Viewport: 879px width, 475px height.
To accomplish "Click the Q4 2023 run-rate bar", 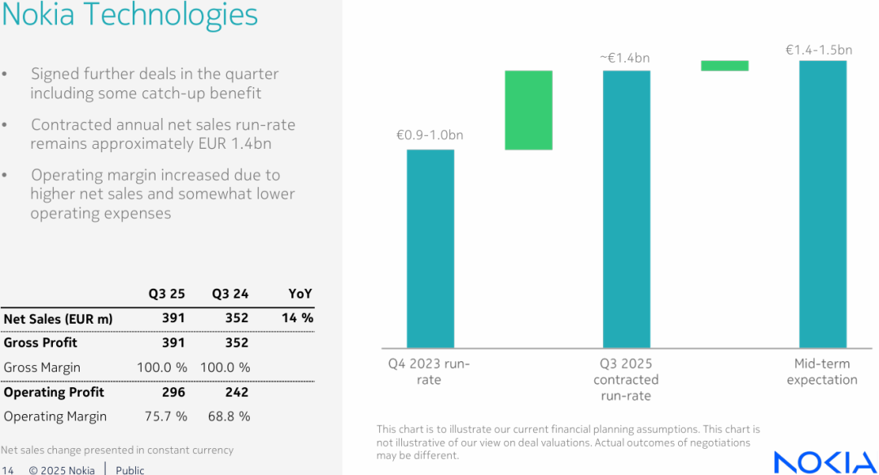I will (x=431, y=249).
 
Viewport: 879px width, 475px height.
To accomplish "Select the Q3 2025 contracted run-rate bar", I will (x=626, y=209).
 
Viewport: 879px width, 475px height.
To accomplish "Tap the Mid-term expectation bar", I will (x=822, y=204).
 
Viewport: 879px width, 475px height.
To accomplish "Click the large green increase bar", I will (x=528, y=110).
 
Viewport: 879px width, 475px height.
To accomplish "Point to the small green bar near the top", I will (x=724, y=65).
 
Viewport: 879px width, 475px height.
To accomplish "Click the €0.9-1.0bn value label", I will (x=430, y=135).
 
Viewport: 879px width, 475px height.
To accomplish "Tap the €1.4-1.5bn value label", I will (x=819, y=50).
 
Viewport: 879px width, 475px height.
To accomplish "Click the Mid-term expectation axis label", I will (x=821, y=372).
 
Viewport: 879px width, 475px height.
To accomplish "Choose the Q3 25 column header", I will (x=166, y=294).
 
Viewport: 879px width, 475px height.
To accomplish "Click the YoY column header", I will (x=300, y=294).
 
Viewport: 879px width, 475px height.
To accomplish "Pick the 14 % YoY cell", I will (x=297, y=318).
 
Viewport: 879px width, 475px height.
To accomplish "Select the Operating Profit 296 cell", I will (x=173, y=392).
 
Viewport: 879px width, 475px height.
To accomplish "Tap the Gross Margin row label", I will (x=42, y=368).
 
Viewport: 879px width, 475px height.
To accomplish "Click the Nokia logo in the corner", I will (x=824, y=461).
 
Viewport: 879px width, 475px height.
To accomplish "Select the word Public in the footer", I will (x=130, y=470).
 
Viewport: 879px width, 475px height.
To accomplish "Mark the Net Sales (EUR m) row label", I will (x=58, y=318).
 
